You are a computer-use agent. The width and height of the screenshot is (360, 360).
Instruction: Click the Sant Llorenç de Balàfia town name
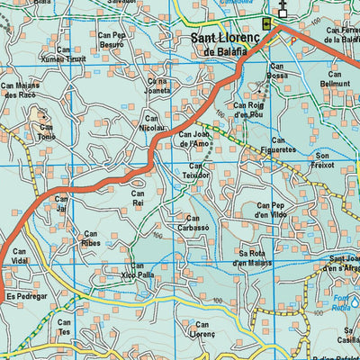[229, 44]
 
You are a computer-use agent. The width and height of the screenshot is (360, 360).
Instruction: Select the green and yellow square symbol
[267, 24]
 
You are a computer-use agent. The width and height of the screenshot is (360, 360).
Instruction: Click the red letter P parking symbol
[291, 40]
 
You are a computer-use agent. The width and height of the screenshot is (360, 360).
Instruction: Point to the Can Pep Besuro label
[112, 39]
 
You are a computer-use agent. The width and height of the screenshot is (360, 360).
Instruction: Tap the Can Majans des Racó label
[22, 89]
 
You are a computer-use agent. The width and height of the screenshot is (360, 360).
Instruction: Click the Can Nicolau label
[152, 121]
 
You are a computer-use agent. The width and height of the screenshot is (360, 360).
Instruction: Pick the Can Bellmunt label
[335, 77]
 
